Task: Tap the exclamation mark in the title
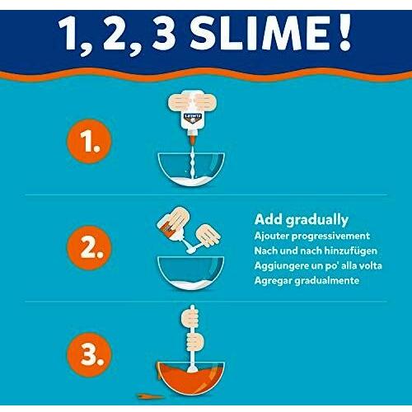[x=345, y=32]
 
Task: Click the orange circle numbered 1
[x=89, y=142]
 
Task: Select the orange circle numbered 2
[x=89, y=248]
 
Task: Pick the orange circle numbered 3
[x=89, y=354]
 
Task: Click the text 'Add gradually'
[x=302, y=220]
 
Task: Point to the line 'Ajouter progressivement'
[x=312, y=236]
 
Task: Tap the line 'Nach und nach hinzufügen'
[x=316, y=250]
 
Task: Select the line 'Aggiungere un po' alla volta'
[x=318, y=266]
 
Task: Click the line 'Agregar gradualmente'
[x=307, y=281]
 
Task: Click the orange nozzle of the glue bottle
[x=192, y=139]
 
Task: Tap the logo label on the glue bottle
[x=192, y=118]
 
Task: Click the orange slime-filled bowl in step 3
[x=191, y=378]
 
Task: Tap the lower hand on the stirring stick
[x=194, y=342]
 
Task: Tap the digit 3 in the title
[x=164, y=34]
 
